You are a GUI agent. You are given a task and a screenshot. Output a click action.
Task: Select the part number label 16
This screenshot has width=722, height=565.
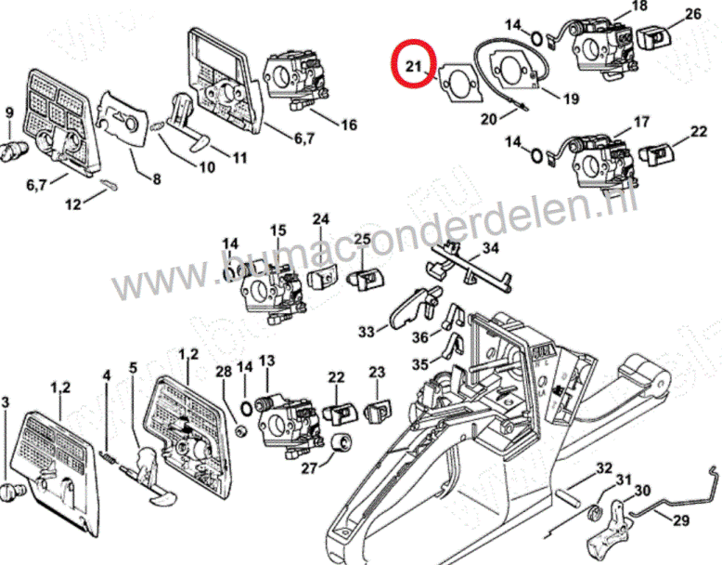pos(349,125)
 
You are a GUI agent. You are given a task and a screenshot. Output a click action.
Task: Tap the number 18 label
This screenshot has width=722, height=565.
pos(639,7)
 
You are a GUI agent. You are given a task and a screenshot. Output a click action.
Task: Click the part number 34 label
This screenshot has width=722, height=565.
pos(490,247)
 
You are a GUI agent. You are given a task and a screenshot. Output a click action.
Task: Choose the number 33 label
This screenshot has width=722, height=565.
pos(367,332)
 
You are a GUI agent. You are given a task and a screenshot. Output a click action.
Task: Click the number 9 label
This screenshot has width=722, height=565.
pos(9,114)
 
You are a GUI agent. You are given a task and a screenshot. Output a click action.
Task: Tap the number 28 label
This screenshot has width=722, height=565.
pos(222,373)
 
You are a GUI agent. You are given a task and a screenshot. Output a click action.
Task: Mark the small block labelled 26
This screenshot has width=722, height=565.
pos(656,39)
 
